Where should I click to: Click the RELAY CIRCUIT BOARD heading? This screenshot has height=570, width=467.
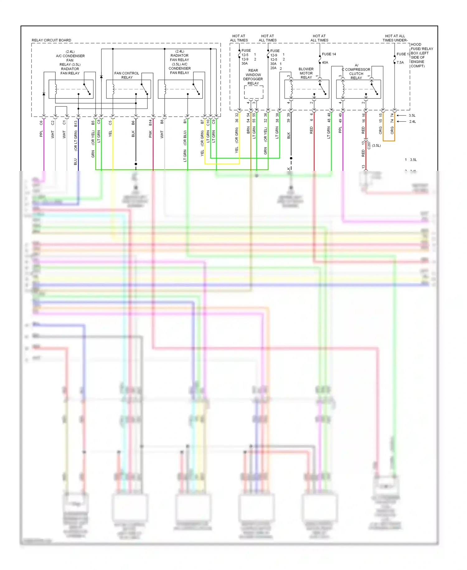pos(51,40)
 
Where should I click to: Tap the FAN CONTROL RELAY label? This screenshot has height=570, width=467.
pos(127,75)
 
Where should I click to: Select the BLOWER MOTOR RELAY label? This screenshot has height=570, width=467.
pos(306,73)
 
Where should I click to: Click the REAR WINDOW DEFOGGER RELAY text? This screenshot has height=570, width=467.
pos(253,77)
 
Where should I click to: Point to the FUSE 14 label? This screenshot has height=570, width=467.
pos(329,54)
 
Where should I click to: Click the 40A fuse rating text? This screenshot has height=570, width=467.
pos(325,62)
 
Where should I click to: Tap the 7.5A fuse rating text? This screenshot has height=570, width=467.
pos(400,62)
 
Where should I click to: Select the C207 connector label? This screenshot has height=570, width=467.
pos(369,145)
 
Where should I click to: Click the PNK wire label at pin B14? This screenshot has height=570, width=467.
pos(150,134)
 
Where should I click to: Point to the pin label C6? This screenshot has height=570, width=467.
pos(41,123)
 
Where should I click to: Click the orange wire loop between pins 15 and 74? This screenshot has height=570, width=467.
pos(389,141)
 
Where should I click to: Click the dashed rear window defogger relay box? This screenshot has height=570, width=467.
pos(253,92)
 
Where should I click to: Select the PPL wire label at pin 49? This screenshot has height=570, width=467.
pos(340,130)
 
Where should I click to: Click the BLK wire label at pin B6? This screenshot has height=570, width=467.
pos(133,134)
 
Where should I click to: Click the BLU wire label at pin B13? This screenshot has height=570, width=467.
pos(75,162)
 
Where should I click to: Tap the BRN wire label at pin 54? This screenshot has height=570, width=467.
pos(248,130)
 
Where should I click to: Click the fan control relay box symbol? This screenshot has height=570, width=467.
pos(129,89)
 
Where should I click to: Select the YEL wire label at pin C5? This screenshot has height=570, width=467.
pos(110,133)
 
